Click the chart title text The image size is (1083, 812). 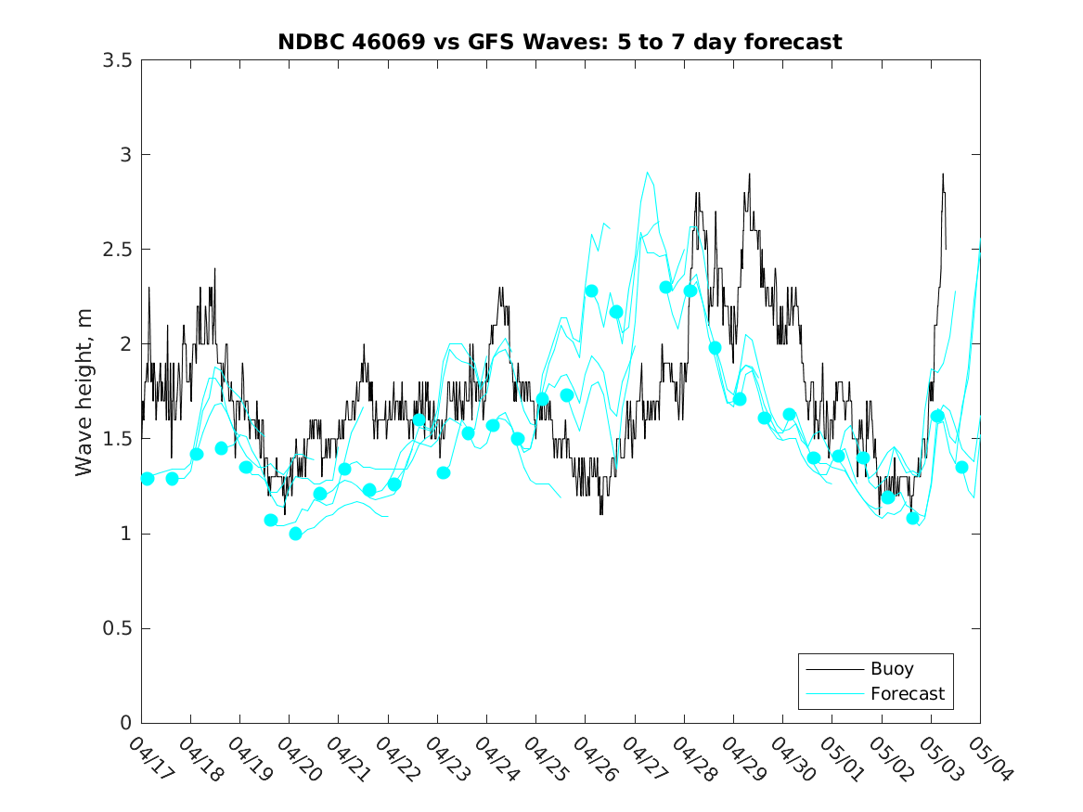tap(560, 43)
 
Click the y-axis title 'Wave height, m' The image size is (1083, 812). tap(84, 392)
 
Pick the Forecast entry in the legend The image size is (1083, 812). tap(907, 693)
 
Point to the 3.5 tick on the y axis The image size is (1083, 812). tap(116, 60)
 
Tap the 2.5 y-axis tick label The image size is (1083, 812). tap(116, 250)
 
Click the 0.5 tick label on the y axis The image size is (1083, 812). tap(116, 629)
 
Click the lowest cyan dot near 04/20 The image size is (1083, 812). tap(295, 534)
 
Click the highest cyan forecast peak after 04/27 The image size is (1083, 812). tap(647, 173)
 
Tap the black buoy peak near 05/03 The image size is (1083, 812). tap(943, 174)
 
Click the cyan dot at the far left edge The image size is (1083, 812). tap(148, 479)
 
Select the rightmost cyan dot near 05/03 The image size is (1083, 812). tap(961, 467)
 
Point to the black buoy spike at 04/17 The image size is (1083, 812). tap(148, 288)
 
